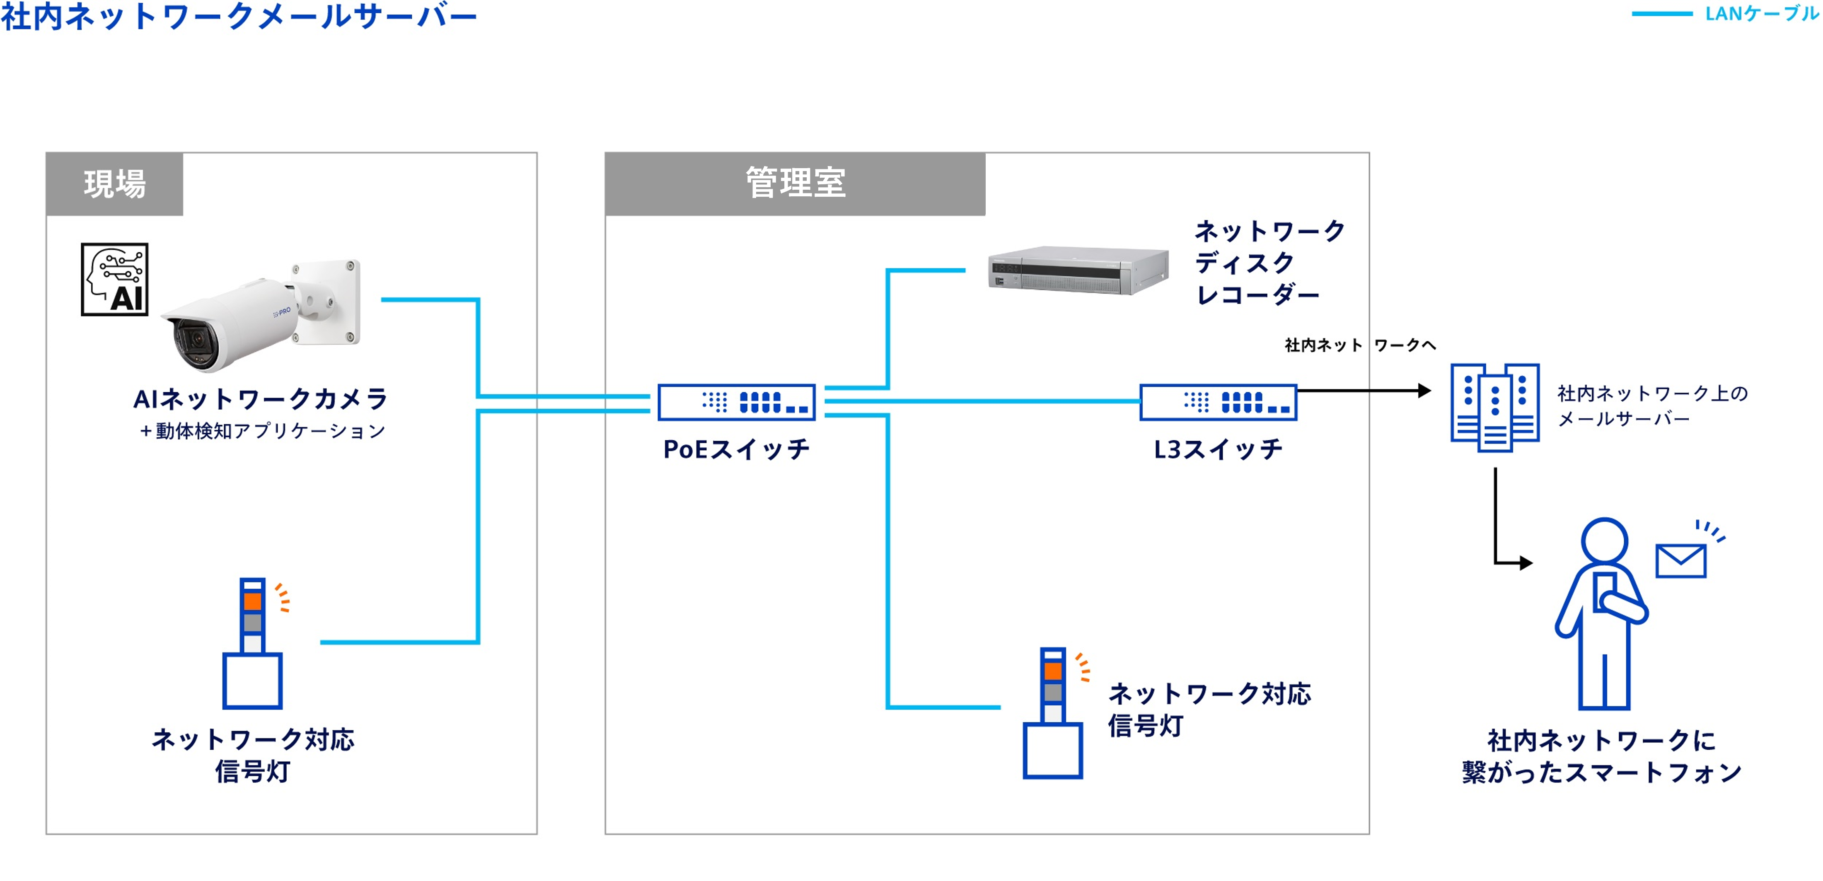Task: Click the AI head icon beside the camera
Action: pyautogui.click(x=115, y=280)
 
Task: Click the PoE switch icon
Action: pyautogui.click(x=736, y=402)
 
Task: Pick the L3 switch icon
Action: pyautogui.click(x=1218, y=402)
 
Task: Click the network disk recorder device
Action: pyautogui.click(x=1077, y=270)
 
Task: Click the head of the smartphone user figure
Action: pyautogui.click(x=1604, y=541)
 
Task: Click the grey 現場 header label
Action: pyautogui.click(x=115, y=184)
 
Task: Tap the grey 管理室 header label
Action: pyautogui.click(x=795, y=183)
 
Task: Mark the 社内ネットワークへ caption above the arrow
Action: pyautogui.click(x=1359, y=345)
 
